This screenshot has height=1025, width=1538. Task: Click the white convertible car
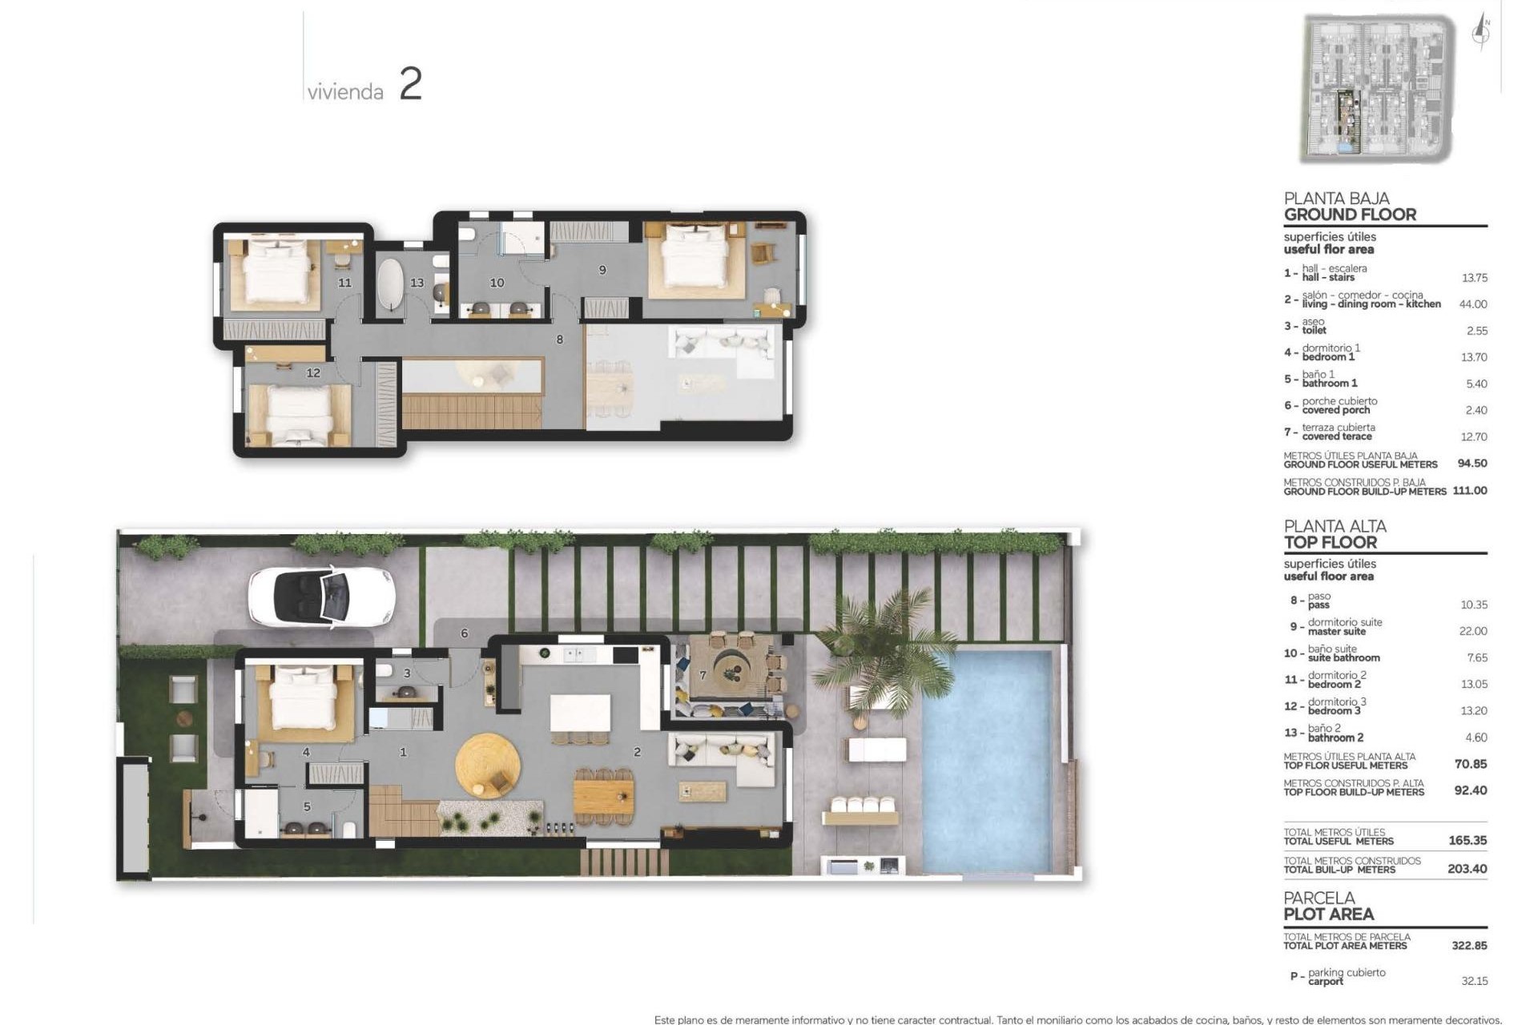point(321,596)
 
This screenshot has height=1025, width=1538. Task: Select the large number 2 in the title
point(410,84)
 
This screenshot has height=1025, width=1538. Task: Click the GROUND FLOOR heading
point(1350,215)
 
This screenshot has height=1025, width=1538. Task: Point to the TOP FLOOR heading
point(1330,542)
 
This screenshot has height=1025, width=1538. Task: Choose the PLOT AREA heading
point(1328,914)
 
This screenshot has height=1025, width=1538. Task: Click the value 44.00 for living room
point(1473,304)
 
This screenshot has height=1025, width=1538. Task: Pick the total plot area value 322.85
point(1469,946)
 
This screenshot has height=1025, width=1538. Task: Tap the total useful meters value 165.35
point(1468,841)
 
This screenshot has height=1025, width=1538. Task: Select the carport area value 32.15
point(1474,981)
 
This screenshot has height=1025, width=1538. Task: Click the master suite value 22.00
point(1473,631)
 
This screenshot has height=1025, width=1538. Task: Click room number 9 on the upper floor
point(602,271)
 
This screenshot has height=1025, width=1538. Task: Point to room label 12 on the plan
point(313,373)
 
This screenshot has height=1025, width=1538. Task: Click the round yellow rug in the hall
point(487,764)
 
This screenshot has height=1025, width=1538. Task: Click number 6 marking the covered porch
point(464,633)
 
